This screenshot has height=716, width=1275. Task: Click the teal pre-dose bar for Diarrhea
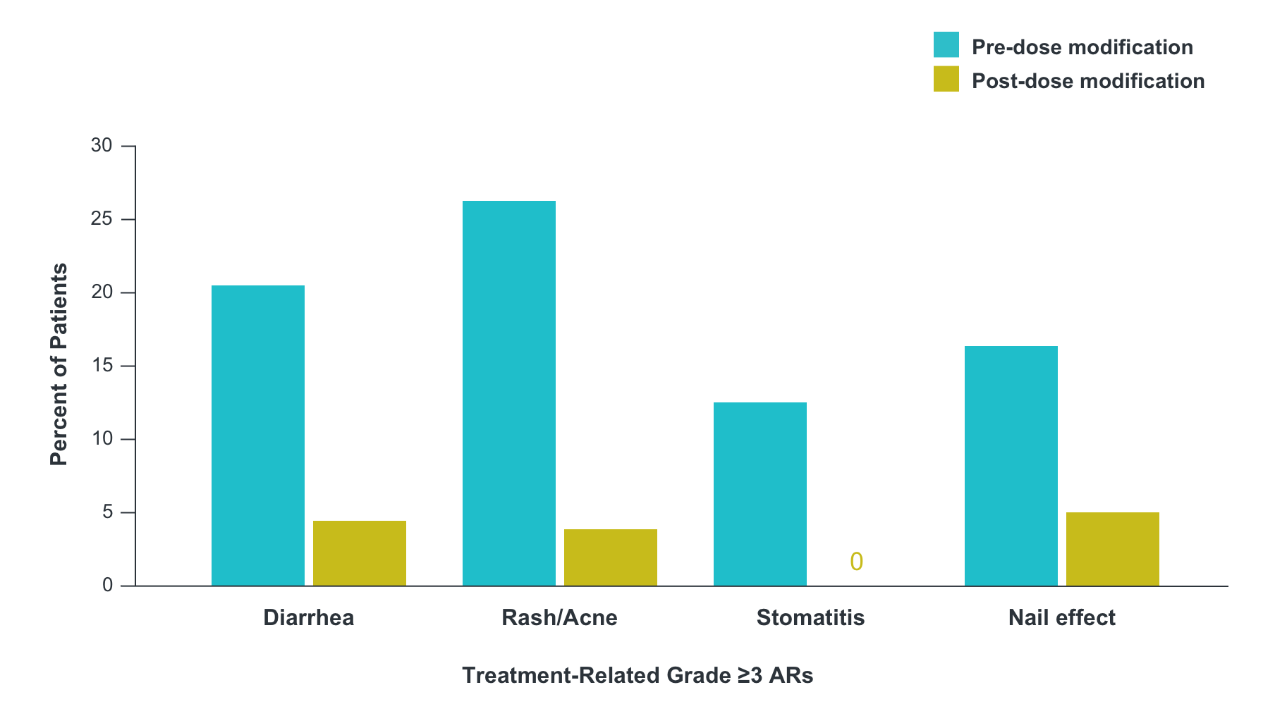click(x=258, y=436)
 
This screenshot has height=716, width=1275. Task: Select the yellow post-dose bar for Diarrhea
click(x=360, y=553)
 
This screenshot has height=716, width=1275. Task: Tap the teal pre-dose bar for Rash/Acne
click(x=509, y=393)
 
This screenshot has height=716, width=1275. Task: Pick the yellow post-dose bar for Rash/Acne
click(x=611, y=557)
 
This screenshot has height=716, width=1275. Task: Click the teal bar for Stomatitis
click(x=760, y=494)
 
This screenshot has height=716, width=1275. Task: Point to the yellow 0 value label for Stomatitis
click(x=856, y=562)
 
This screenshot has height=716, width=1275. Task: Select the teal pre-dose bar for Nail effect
click(x=1011, y=466)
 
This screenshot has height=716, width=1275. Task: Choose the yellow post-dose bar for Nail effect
click(x=1113, y=549)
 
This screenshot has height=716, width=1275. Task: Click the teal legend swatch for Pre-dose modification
click(x=946, y=44)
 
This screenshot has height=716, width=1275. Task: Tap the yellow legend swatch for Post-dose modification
click(x=946, y=79)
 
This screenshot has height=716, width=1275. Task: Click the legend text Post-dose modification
click(x=1087, y=81)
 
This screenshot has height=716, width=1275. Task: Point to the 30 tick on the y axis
click(x=102, y=146)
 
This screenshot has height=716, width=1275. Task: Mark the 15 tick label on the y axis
click(x=102, y=366)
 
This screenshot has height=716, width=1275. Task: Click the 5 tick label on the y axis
click(x=107, y=512)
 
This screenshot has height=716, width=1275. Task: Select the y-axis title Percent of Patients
click(x=59, y=364)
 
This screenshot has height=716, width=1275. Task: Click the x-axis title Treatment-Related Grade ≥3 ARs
click(x=637, y=675)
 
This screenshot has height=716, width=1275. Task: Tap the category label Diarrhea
click(x=309, y=618)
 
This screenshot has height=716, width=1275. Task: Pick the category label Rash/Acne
click(x=559, y=618)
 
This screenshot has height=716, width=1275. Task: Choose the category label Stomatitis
click(x=810, y=618)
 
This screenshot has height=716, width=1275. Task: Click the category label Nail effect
click(x=1061, y=618)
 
